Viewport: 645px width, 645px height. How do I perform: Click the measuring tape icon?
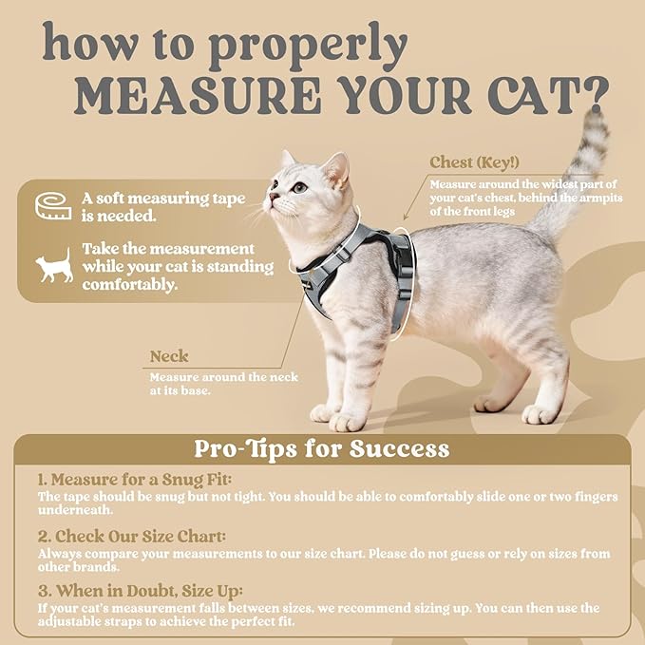click(53, 205)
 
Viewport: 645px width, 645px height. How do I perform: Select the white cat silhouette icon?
click(54, 266)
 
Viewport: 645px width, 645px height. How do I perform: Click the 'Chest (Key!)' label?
click(475, 162)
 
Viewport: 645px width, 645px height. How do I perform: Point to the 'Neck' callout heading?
click(169, 357)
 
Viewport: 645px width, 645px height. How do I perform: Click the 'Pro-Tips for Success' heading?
click(321, 448)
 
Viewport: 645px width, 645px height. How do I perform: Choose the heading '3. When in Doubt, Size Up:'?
click(141, 591)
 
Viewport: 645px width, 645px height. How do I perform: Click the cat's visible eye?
click(300, 187)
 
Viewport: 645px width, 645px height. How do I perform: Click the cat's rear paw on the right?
click(540, 414)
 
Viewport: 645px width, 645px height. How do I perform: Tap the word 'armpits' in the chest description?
click(583, 198)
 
